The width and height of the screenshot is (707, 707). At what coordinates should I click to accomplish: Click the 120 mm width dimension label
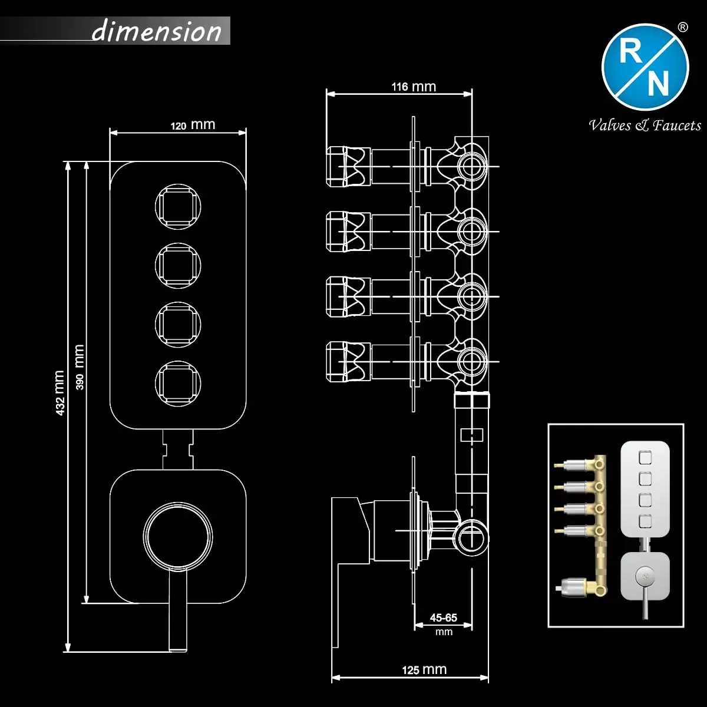point(193,125)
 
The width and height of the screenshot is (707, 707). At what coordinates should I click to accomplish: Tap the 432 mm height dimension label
point(60,393)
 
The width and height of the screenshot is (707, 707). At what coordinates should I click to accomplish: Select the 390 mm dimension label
point(80,366)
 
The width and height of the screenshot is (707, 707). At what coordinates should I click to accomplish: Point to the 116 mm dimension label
point(414,87)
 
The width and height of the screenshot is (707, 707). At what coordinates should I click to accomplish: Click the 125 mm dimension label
point(424,670)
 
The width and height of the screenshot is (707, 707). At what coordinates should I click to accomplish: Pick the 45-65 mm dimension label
point(444,623)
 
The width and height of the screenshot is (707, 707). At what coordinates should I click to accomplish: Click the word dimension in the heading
point(157,31)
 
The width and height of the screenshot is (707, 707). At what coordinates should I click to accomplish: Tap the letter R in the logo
point(630,53)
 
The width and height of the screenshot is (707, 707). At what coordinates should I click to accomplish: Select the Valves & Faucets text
point(645,125)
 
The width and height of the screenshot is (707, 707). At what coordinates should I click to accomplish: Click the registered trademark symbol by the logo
point(683,27)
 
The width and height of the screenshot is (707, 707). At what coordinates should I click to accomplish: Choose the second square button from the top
point(178,265)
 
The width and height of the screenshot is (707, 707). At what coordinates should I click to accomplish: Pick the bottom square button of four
point(178,383)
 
